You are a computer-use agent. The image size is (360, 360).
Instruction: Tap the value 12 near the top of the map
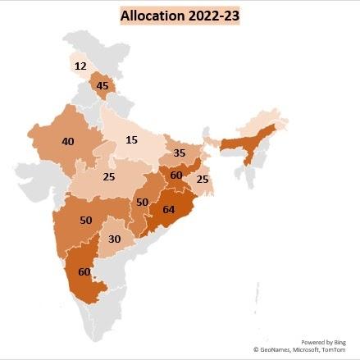(80, 66)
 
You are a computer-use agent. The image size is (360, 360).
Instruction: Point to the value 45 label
(103, 86)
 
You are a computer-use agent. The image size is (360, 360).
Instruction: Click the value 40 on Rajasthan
(67, 141)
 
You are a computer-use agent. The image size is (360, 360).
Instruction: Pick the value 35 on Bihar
(180, 153)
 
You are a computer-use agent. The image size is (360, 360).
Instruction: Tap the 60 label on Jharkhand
(176, 175)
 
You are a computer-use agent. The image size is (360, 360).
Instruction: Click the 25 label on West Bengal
(202, 179)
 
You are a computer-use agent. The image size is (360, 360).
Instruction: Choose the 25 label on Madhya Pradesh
(108, 176)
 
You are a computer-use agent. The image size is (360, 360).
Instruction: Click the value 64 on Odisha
(170, 208)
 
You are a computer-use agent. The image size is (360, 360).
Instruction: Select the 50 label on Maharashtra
(85, 221)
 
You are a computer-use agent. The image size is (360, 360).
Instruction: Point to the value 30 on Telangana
(115, 239)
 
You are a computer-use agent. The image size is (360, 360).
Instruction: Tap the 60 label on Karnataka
(84, 271)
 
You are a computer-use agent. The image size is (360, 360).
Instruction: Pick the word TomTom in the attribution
(334, 350)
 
